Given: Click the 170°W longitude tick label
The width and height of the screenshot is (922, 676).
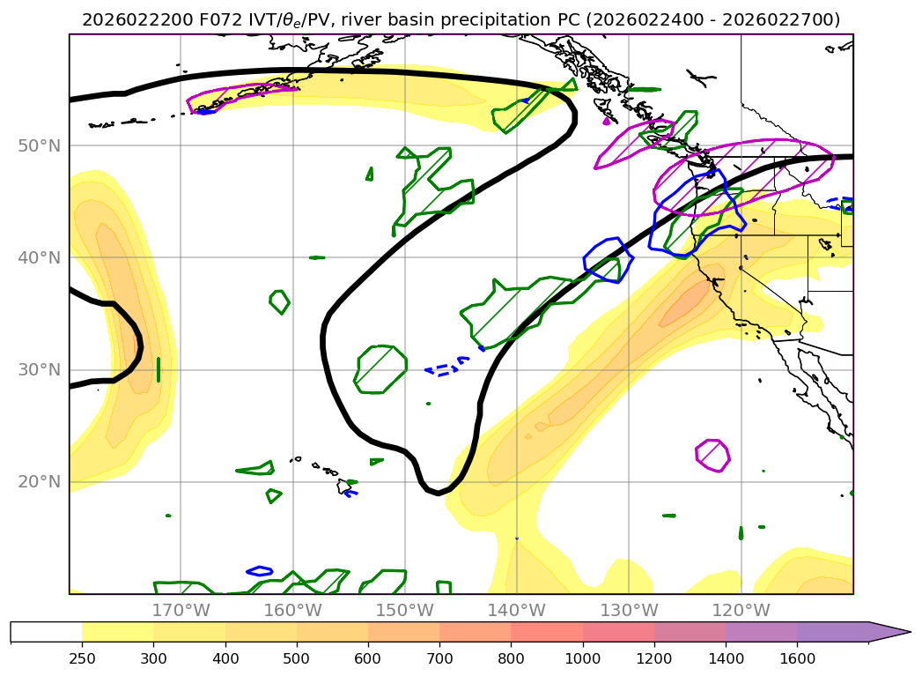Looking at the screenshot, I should point(181,610).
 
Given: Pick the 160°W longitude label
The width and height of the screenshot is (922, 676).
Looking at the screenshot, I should point(292,610).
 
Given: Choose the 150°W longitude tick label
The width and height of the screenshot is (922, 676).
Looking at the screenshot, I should point(404,610).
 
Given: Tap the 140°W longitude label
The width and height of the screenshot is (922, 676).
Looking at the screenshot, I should point(516,610).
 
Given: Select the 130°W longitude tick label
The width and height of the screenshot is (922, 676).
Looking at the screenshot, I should point(628,610).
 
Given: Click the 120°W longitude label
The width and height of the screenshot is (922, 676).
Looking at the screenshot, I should point(740,610).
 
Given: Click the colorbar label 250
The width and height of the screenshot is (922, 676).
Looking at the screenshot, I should point(82,657).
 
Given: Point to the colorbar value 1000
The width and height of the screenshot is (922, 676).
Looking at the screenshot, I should point(582,657).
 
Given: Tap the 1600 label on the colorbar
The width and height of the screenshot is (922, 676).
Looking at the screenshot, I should point(797,657).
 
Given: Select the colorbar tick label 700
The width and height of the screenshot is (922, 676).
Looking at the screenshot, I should point(439,657).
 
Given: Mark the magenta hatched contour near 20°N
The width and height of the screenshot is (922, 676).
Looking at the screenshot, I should point(712,456).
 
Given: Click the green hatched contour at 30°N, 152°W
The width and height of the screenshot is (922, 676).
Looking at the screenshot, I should point(380,368).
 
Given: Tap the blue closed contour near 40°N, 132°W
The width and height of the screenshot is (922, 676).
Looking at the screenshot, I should point(609,260).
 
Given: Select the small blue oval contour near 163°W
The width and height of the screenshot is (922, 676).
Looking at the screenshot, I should point(260,571).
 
